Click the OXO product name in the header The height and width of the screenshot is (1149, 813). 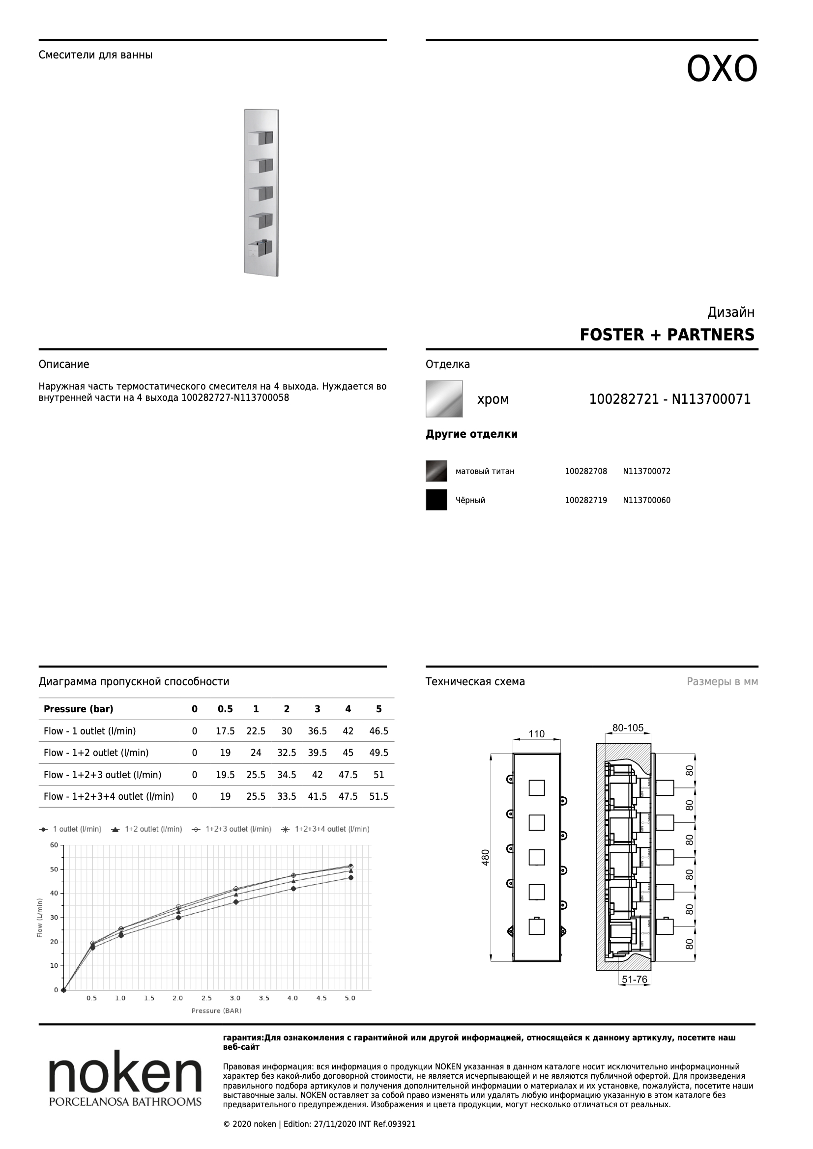pos(722,69)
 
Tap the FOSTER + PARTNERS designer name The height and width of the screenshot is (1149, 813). pos(667,335)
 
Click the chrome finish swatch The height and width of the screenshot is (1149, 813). pos(444,399)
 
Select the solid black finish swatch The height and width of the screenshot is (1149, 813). pos(436,500)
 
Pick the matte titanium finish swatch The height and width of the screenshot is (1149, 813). pos(436,471)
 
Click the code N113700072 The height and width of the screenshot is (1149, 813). pos(647,472)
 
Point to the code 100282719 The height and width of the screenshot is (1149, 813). pos(586,501)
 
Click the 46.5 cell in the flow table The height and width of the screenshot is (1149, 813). pos(378,731)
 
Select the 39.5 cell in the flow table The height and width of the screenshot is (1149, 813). pos(318,753)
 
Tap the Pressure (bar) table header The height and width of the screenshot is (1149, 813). pos(79,709)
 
